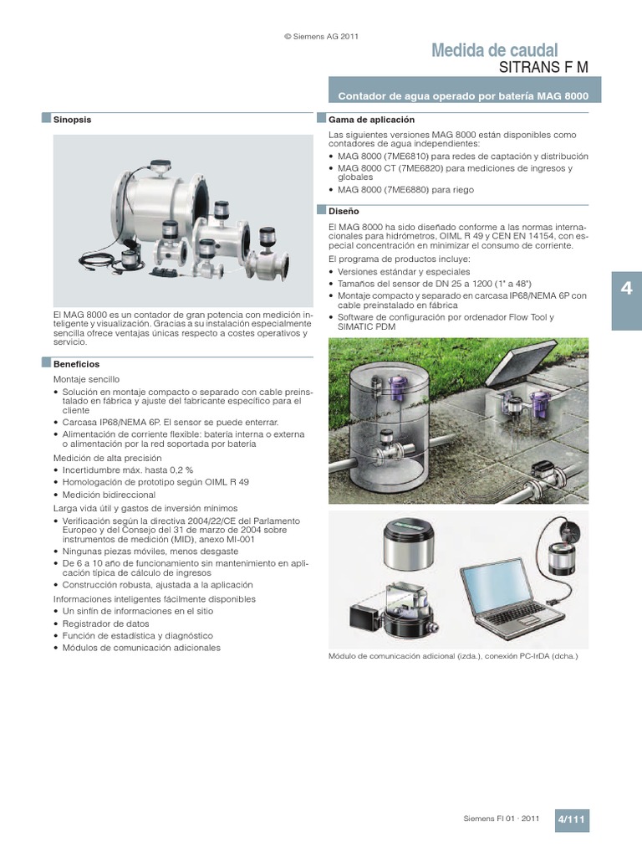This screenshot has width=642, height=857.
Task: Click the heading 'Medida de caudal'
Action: click(494, 51)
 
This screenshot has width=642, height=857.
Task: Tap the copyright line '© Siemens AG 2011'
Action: click(322, 36)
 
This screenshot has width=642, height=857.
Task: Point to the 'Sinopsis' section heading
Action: click(72, 120)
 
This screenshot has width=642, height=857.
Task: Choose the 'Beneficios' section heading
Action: click(76, 364)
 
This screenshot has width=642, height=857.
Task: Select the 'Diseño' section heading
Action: click(344, 212)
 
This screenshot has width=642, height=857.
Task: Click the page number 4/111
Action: click(573, 821)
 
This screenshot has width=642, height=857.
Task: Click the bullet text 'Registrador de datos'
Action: click(105, 624)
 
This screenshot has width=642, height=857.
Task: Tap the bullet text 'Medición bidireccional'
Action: click(110, 495)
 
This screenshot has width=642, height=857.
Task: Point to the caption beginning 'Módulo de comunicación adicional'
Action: click(453, 657)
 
